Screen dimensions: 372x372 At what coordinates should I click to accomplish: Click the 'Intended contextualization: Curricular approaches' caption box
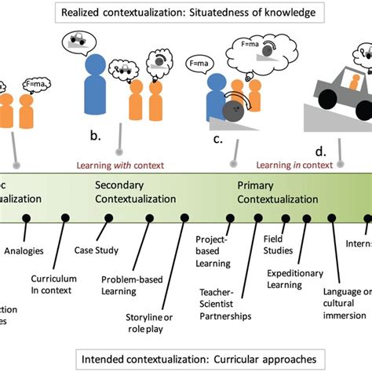coord(186,360)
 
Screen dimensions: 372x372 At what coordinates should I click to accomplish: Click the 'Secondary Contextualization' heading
coord(135,192)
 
